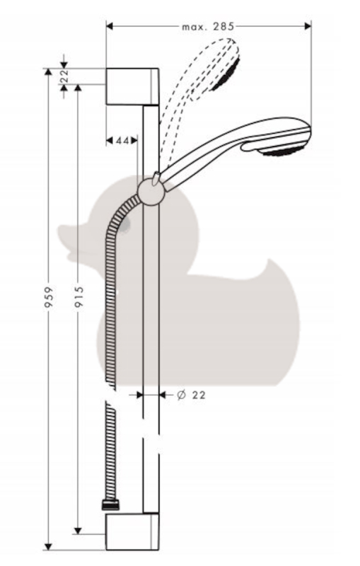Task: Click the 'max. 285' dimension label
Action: point(208,27)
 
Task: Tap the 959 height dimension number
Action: point(49,296)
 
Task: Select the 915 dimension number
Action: point(79,296)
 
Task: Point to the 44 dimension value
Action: point(122,141)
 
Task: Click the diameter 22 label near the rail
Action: point(192,395)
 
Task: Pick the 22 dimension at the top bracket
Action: point(64,76)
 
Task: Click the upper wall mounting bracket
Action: point(132,86)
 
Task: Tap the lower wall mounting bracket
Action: point(132,532)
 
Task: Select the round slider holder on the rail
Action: point(151,192)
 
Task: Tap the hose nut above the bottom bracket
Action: point(110,504)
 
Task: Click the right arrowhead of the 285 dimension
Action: point(308,26)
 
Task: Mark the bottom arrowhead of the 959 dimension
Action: point(48,546)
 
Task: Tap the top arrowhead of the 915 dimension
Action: point(78,88)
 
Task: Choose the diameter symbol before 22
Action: point(182,395)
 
